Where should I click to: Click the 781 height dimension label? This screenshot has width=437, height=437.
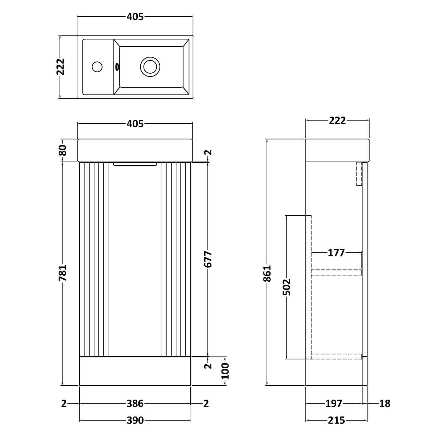63,273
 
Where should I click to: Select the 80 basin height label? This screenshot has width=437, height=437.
63,150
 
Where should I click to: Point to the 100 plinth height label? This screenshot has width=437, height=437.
225,371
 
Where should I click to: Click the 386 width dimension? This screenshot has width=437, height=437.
135,404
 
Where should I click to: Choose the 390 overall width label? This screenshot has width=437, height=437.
135,420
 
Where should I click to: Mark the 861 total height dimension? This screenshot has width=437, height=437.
267,274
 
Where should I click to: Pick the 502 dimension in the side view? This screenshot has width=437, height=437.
286,287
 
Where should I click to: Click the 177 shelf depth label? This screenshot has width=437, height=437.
336,253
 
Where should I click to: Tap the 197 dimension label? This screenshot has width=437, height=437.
334,404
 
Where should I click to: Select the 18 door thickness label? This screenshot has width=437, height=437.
385,404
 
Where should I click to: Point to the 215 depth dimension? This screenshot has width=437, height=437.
336,420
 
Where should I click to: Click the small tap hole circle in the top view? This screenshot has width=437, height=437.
97,66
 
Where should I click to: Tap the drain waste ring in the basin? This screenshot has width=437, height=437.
150,66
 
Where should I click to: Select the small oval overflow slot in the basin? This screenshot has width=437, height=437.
117,66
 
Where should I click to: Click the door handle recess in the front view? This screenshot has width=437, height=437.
135,164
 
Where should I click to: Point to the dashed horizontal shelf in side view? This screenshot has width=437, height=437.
336,272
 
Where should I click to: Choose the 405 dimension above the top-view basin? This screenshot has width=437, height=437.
135,17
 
